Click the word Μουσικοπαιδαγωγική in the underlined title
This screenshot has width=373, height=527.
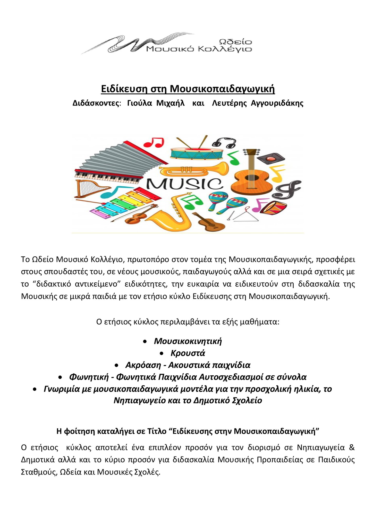(x=222, y=89)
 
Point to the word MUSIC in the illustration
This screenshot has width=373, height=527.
(x=184, y=184)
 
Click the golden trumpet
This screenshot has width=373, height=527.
(x=193, y=169)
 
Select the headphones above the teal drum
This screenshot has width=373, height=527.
(x=224, y=142)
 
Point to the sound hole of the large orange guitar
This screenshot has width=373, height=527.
(x=249, y=178)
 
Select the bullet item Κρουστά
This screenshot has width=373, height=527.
(x=188, y=353)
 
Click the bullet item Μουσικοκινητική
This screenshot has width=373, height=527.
(x=188, y=341)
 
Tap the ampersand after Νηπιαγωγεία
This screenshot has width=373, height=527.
(x=352, y=447)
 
